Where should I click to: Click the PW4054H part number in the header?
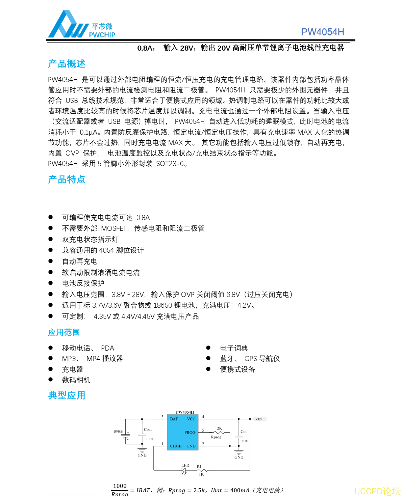[322, 32]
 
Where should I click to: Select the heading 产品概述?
[67, 64]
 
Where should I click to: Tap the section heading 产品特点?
[67, 180]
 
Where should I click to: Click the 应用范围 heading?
[64, 332]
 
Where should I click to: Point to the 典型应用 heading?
[67, 395]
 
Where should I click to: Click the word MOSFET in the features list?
[114, 228]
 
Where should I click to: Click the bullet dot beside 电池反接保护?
[51, 283]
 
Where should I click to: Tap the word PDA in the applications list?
[107, 348]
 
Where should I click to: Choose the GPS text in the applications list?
[251, 359]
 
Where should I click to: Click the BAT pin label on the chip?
[174, 419]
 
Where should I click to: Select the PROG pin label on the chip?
[190, 433]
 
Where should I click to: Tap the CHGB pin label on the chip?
[176, 446]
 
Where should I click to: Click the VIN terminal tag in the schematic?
[259, 419]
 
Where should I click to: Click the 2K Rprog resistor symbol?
[220, 432]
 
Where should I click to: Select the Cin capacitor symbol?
[239, 437]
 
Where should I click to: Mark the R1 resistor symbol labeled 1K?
[202, 470]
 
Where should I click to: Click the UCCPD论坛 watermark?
[377, 491]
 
